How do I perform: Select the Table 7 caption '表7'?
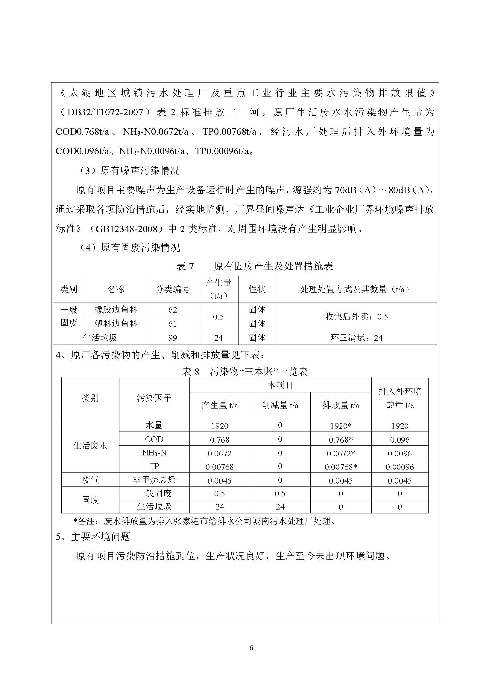coord(185,266)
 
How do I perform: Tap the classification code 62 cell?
coord(172,310)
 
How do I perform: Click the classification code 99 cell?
coord(172,338)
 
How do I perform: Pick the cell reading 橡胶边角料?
coord(116,310)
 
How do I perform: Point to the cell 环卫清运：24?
coord(356,338)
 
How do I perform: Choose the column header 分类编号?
coord(172,289)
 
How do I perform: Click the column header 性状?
coord(257,289)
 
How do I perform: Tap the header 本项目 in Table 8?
coord(280,386)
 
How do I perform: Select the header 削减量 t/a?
coord(280,405)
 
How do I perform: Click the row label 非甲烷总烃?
coord(154,480)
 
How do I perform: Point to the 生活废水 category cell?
coord(90,446)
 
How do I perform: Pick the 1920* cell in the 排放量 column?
coord(341,426)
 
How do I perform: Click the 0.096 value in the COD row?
coord(400,440)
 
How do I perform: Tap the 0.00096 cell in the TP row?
coord(400,467)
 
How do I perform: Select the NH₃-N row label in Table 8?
coord(154,453)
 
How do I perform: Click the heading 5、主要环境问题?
coord(93,536)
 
